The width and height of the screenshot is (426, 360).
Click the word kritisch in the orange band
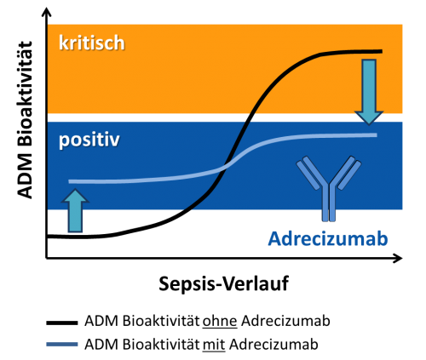tap(92, 43)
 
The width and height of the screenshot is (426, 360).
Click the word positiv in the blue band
tap(89, 140)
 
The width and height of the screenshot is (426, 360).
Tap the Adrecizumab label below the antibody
tap(328, 238)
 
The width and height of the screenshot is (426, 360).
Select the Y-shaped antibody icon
tap(329, 188)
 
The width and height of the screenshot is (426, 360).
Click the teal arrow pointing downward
tap(369, 92)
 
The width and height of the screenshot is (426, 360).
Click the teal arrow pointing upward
tap(75, 211)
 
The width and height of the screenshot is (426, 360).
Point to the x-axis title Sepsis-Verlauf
tap(223, 283)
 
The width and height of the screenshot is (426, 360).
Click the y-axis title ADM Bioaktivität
tap(24, 120)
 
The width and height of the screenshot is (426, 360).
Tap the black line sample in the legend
tap(62, 323)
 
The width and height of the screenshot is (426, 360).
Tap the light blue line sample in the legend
tap(62, 345)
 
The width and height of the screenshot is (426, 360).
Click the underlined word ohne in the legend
tap(220, 322)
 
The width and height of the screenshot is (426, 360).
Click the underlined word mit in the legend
tap(214, 345)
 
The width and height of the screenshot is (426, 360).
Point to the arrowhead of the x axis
tap(399, 258)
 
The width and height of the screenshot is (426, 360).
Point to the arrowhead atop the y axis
tap(47, 12)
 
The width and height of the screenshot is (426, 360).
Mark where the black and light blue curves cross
tap(227, 166)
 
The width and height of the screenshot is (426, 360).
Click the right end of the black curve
tap(382, 51)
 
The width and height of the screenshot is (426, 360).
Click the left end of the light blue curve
tap(70, 181)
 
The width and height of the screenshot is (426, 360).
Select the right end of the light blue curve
tap(376, 135)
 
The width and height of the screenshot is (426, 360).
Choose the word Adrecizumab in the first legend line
tap(285, 322)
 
